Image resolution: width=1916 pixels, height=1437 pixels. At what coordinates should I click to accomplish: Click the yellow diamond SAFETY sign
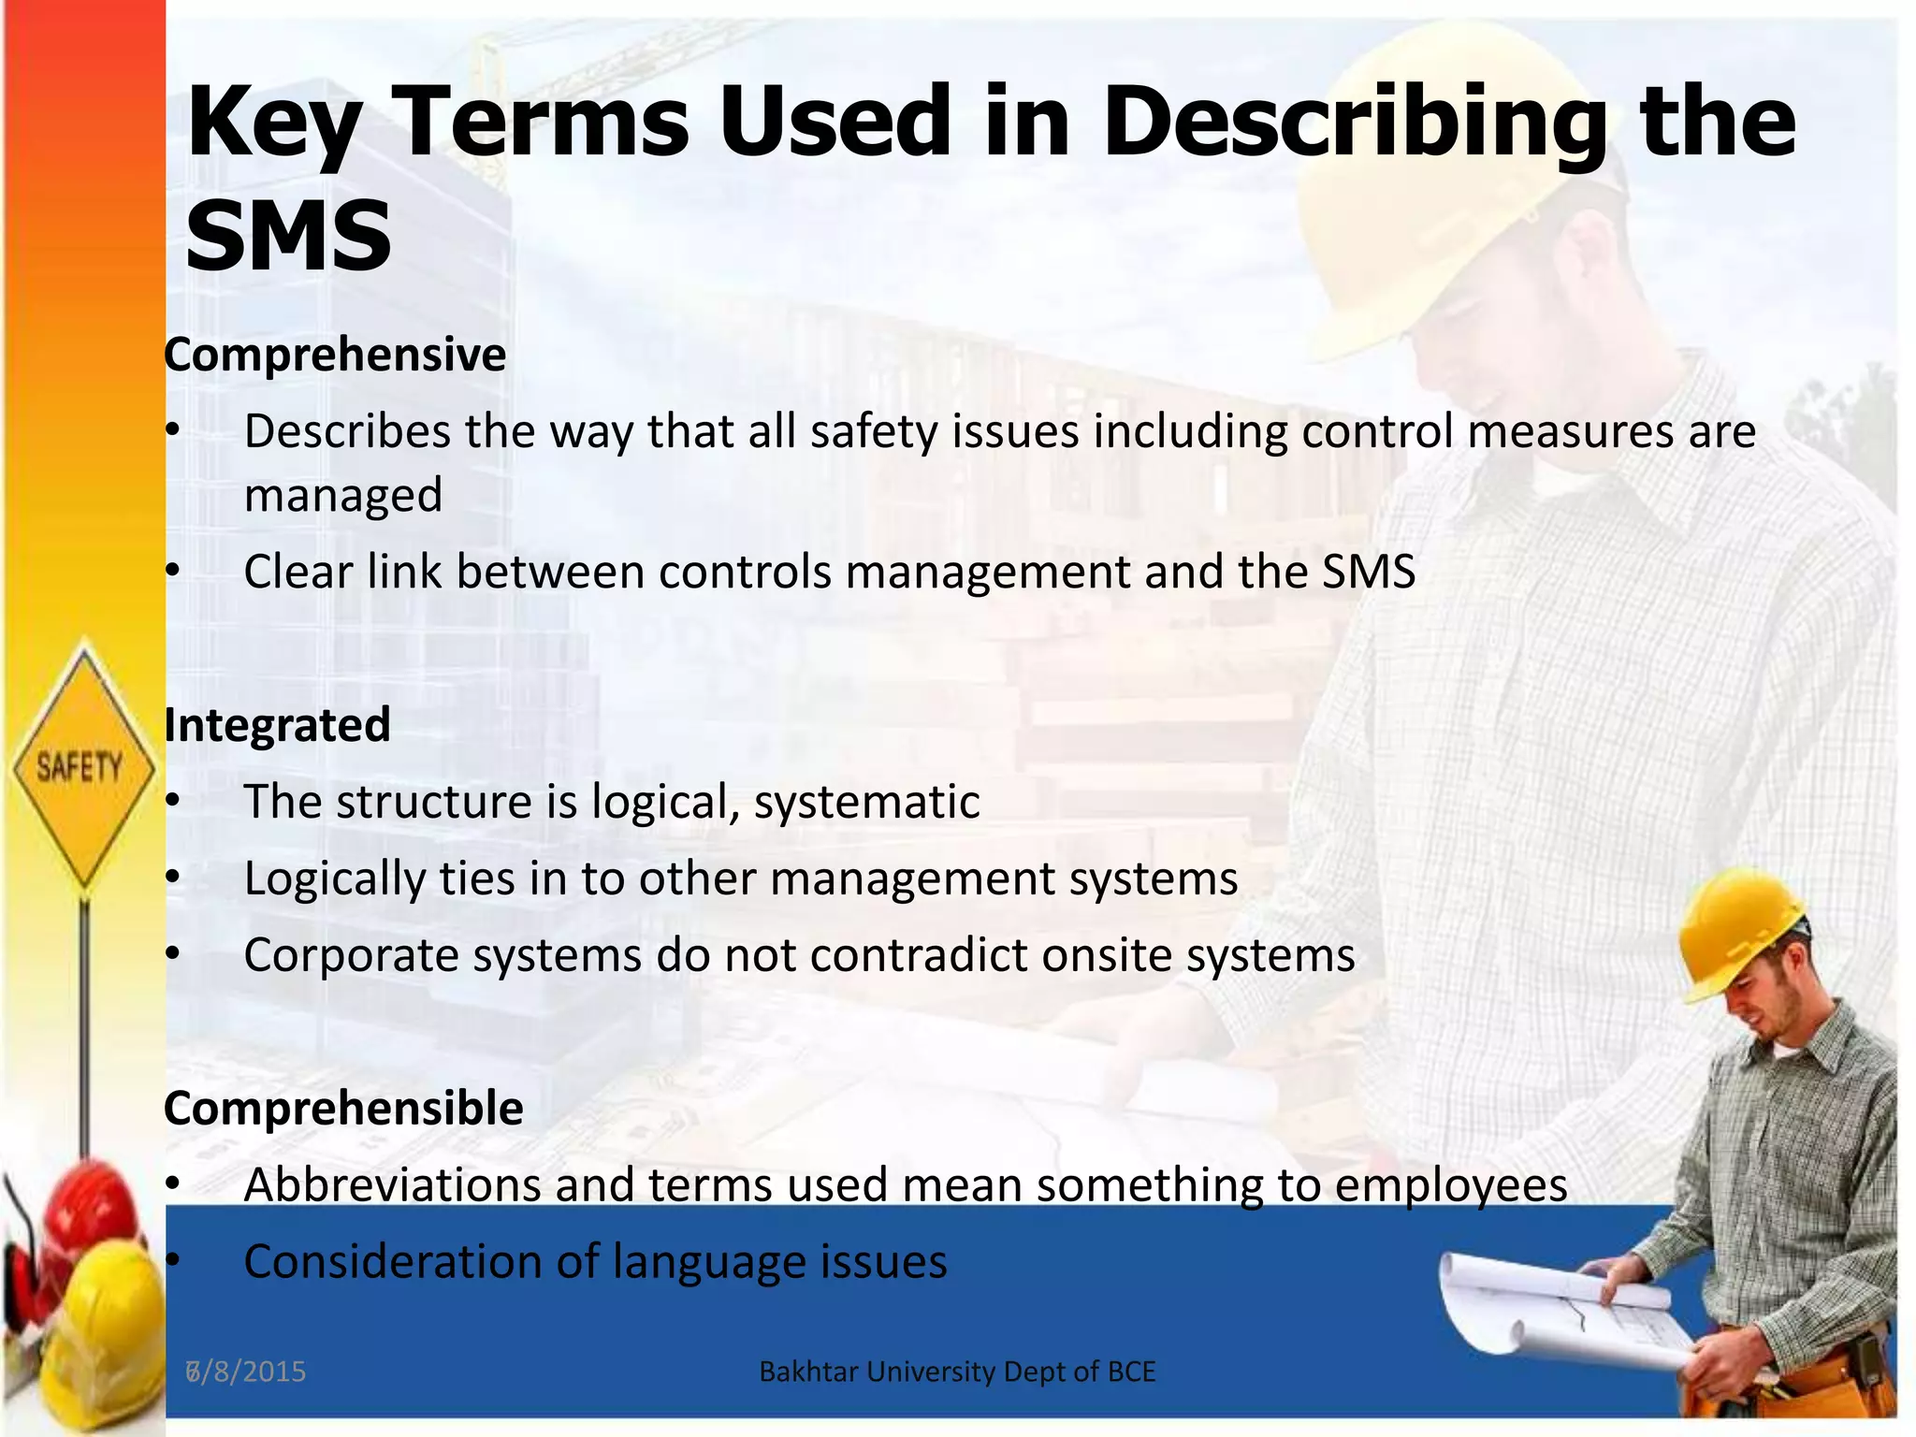(x=82, y=765)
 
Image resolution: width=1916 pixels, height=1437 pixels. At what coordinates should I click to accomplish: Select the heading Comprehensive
(x=335, y=356)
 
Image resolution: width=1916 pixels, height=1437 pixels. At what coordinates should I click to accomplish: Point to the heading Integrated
(x=277, y=725)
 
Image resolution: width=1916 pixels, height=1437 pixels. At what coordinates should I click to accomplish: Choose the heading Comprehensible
(x=343, y=1109)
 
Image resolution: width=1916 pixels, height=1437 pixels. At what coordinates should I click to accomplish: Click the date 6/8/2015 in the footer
(x=247, y=1372)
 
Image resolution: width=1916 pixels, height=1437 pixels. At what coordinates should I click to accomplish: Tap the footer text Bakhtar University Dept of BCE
(x=957, y=1372)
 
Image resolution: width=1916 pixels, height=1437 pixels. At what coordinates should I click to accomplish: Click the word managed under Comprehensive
(x=343, y=496)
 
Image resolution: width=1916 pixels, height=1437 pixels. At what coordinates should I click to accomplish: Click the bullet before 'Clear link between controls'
(x=172, y=572)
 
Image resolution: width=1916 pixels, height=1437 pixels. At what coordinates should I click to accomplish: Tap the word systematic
(x=866, y=803)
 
